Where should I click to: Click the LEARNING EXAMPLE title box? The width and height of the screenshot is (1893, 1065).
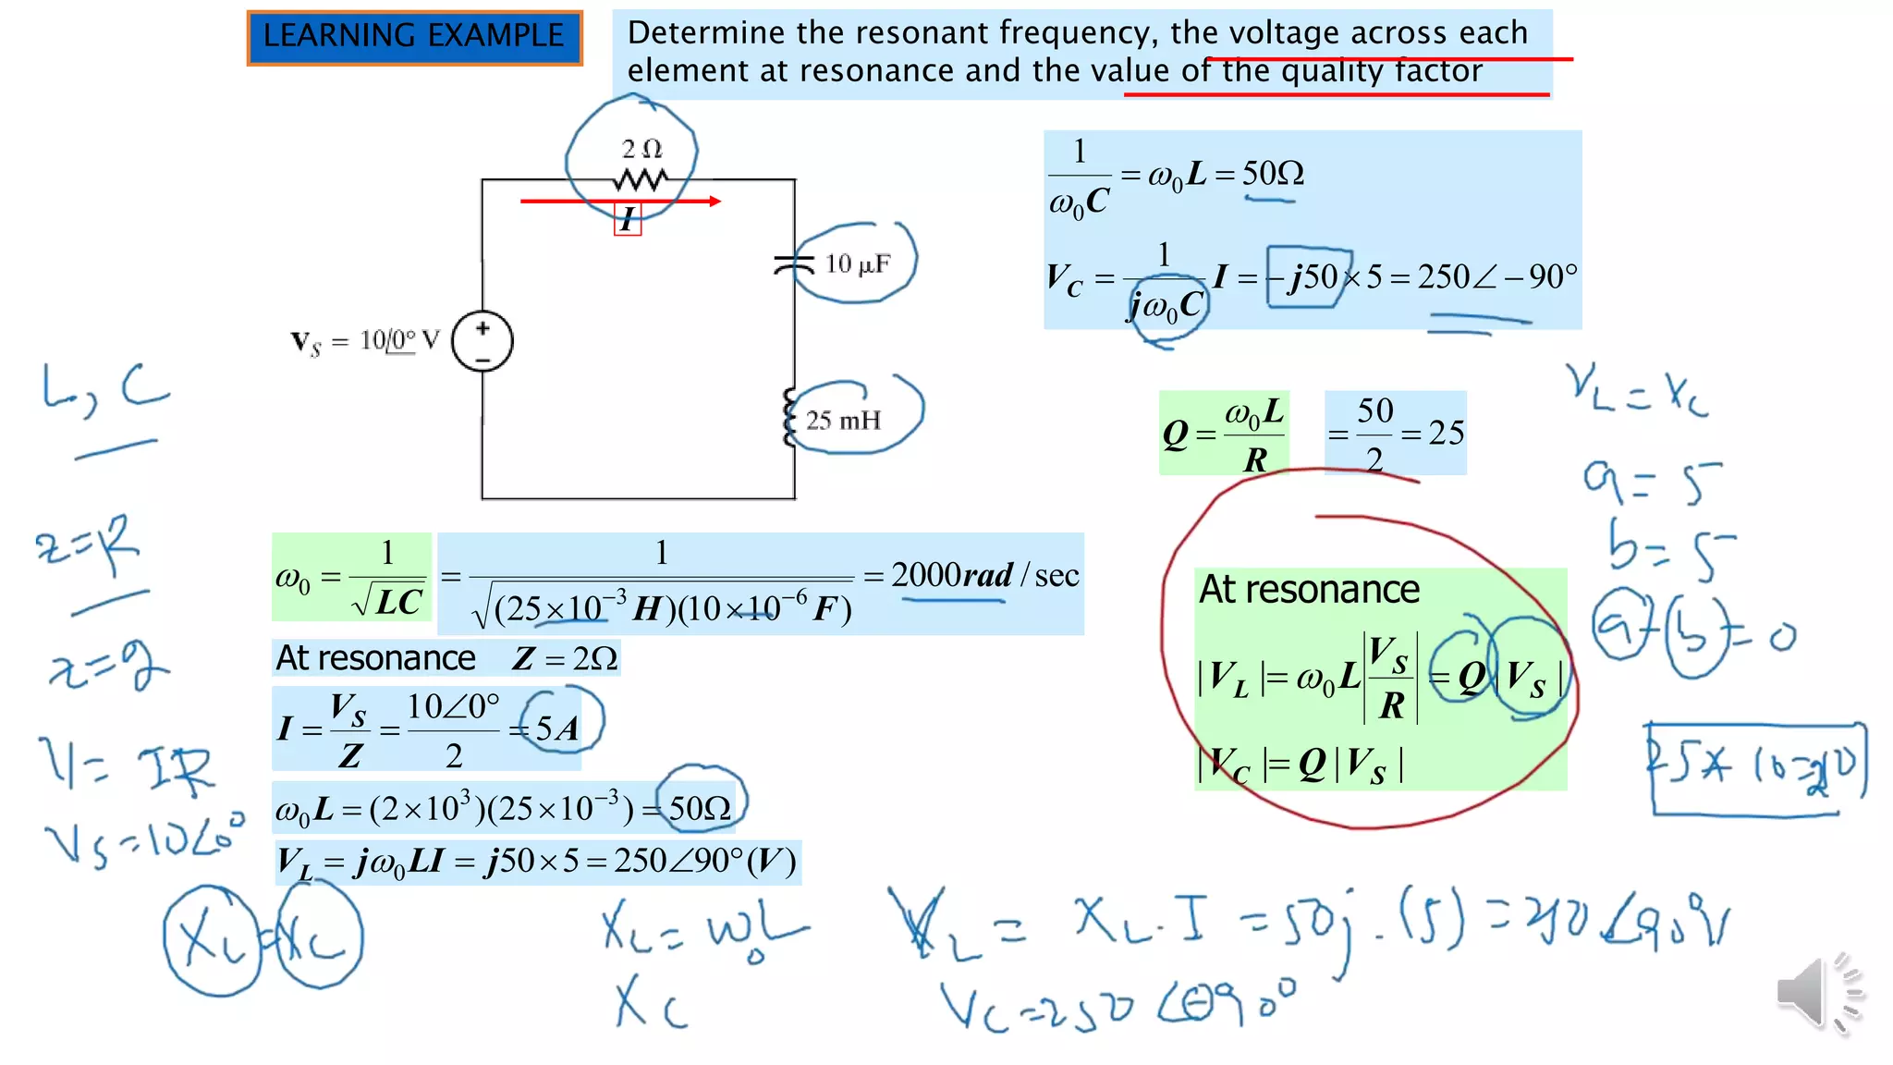pyautogui.click(x=414, y=37)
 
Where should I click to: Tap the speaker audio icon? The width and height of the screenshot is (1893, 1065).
pyautogui.click(x=1817, y=992)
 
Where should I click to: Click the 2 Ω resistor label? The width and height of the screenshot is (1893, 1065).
pyautogui.click(x=641, y=149)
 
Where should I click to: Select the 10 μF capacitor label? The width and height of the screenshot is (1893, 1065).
pyautogui.click(x=857, y=264)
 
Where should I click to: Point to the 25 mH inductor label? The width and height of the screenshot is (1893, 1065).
pyautogui.click(x=842, y=421)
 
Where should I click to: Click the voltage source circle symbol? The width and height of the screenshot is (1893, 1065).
pyautogui.click(x=482, y=341)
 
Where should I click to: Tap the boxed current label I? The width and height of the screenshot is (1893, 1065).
pyautogui.click(x=628, y=220)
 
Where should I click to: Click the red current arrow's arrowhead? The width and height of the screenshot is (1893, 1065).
pyautogui.click(x=714, y=201)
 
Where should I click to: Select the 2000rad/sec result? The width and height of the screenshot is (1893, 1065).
pyautogui.click(x=984, y=576)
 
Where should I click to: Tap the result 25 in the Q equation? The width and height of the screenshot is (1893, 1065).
pyautogui.click(x=1446, y=433)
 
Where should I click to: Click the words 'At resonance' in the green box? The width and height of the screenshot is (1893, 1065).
pyautogui.click(x=1309, y=590)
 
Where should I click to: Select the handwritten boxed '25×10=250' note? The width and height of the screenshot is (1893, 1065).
pyautogui.click(x=1756, y=767)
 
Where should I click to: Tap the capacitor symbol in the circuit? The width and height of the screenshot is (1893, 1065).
pyautogui.click(x=793, y=264)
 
